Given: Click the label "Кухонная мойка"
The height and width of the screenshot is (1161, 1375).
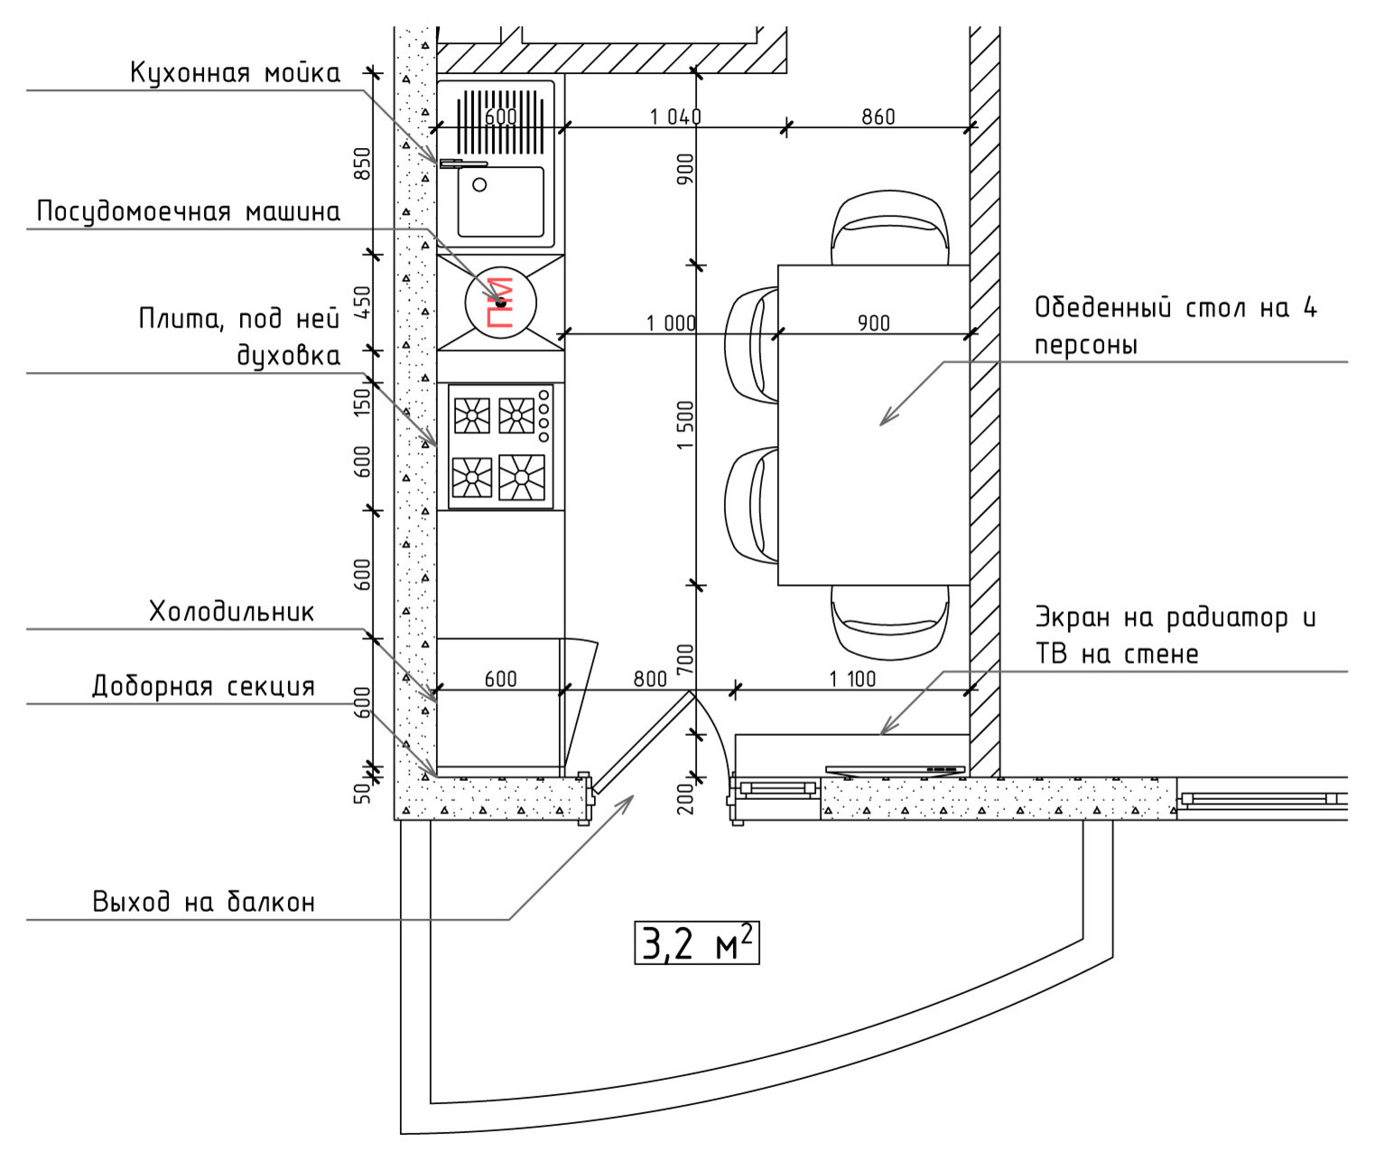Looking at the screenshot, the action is [235, 73].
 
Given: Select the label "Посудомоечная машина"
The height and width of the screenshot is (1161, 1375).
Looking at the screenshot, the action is [189, 212].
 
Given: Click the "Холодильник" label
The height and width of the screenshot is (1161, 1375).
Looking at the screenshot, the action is [231, 612].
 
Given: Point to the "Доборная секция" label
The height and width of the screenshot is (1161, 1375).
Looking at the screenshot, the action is [203, 686].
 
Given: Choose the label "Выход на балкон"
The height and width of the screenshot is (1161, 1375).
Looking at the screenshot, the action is [203, 902].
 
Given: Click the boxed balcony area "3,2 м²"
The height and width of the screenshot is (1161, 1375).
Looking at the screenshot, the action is [697, 943].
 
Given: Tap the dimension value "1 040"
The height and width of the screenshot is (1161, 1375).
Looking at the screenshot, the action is [675, 116].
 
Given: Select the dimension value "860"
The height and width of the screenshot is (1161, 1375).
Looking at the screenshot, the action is [878, 116].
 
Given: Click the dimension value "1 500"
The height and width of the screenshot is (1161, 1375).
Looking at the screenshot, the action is [685, 424].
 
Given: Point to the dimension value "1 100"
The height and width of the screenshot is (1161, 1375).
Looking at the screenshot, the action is [852, 679].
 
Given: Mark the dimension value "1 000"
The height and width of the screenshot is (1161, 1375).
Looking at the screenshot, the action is [671, 323].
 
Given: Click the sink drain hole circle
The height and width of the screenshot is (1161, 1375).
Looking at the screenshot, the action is [479, 185].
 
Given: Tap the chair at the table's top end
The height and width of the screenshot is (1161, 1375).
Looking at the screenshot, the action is [889, 228].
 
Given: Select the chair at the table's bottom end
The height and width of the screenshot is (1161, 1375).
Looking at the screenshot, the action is [889, 623].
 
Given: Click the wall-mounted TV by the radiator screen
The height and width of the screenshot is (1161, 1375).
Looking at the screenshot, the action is [896, 770].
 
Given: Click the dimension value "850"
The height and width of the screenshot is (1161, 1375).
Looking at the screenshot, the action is [363, 163].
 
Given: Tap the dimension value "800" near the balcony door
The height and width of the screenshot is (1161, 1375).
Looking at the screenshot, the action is [650, 679].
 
